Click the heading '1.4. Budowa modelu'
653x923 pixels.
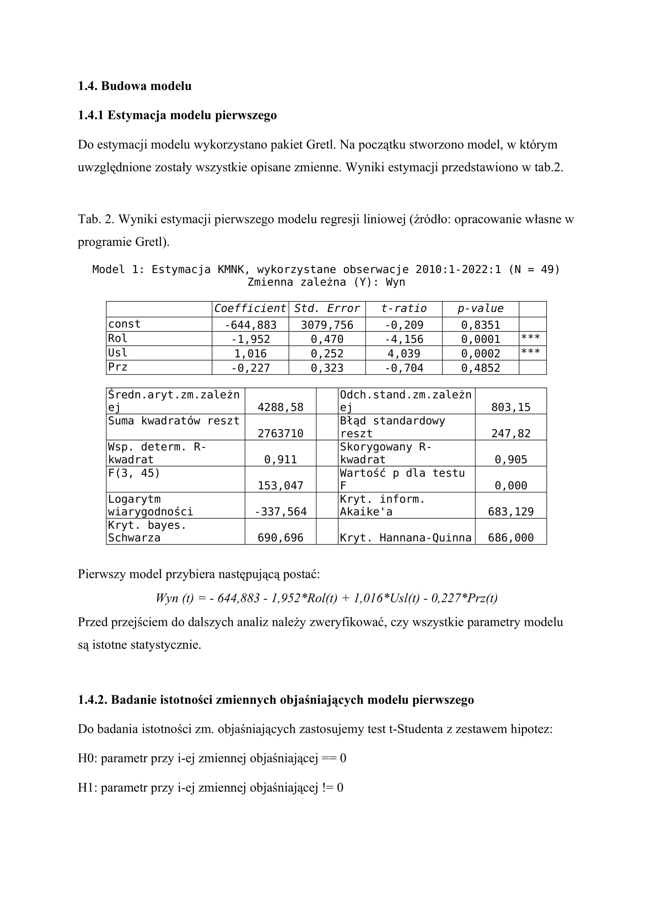(x=134, y=86)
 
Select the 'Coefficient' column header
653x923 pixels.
(x=250, y=308)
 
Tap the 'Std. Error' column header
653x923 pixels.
(x=327, y=308)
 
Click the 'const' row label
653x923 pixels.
(x=124, y=324)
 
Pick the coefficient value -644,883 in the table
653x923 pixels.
(x=250, y=325)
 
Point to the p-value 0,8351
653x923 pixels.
(x=480, y=325)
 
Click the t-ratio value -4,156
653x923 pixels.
(x=404, y=339)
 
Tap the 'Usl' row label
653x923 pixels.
(x=117, y=352)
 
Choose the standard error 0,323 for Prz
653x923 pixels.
(x=327, y=368)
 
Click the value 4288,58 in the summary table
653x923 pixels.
(x=280, y=407)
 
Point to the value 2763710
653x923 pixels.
(x=280, y=433)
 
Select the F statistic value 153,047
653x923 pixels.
(x=280, y=486)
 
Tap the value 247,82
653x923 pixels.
(x=510, y=433)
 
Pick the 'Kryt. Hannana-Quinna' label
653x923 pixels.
(x=405, y=538)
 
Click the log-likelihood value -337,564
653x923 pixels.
(x=280, y=512)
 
